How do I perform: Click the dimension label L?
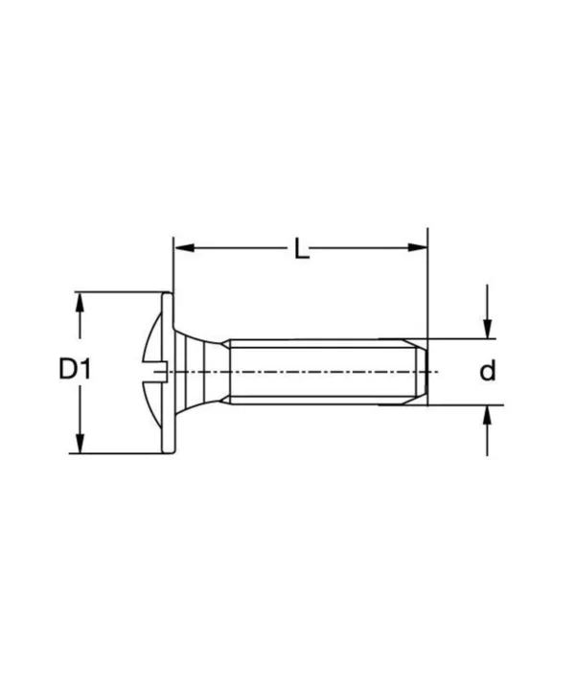pos(302,250)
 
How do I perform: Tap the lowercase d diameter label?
pos(488,371)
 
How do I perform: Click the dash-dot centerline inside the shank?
pos(316,371)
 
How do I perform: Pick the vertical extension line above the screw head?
pos(172,264)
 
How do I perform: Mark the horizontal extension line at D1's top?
pos(120,291)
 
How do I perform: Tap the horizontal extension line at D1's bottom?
pos(120,453)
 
